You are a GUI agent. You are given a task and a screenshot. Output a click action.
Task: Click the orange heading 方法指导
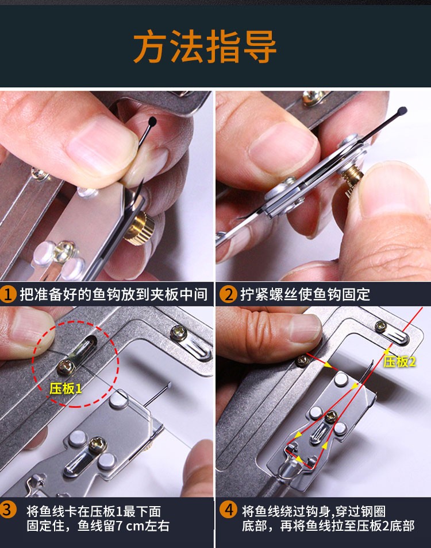pyautogui.click(x=205, y=47)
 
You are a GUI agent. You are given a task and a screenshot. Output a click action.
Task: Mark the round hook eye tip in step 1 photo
pyautogui.click(x=152, y=121)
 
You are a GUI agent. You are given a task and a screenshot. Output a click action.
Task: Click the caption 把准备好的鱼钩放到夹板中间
pyautogui.click(x=113, y=295)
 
